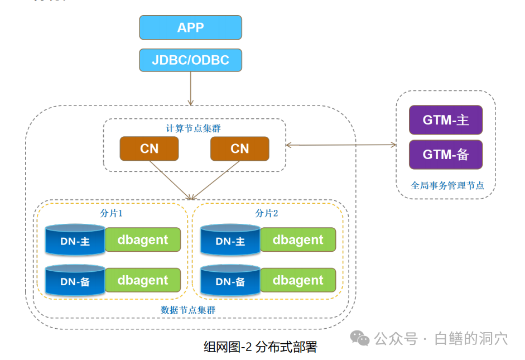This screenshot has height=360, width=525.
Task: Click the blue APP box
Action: coord(190,27)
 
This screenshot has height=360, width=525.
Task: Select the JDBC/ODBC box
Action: coord(190,60)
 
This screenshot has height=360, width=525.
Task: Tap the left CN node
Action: coord(149,148)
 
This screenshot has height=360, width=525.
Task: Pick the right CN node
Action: coord(240,148)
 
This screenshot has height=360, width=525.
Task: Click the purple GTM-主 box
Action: coord(446,120)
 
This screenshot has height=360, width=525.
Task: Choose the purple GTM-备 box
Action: coord(446,155)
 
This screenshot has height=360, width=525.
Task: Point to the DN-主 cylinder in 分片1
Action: coord(75,240)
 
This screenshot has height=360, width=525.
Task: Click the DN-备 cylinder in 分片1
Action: coord(75,280)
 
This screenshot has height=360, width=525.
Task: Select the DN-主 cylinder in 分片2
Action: coord(230,240)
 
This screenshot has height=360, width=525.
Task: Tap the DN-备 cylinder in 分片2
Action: coord(230,280)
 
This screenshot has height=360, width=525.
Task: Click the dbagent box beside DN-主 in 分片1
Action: coord(143,239)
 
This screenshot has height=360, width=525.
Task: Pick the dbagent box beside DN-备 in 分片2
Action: coord(298,280)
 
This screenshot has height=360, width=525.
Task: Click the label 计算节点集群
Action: coord(193,128)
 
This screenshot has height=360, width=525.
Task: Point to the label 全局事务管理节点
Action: coord(447,185)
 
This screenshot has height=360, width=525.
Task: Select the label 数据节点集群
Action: coord(188,310)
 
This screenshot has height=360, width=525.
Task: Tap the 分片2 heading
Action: coord(267,213)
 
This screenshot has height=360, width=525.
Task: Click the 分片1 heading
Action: coord(111,213)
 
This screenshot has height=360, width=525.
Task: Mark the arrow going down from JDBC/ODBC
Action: coord(190,88)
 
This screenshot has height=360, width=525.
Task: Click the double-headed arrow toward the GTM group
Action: coord(341,145)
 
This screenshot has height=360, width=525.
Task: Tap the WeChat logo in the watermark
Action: coord(360,338)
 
